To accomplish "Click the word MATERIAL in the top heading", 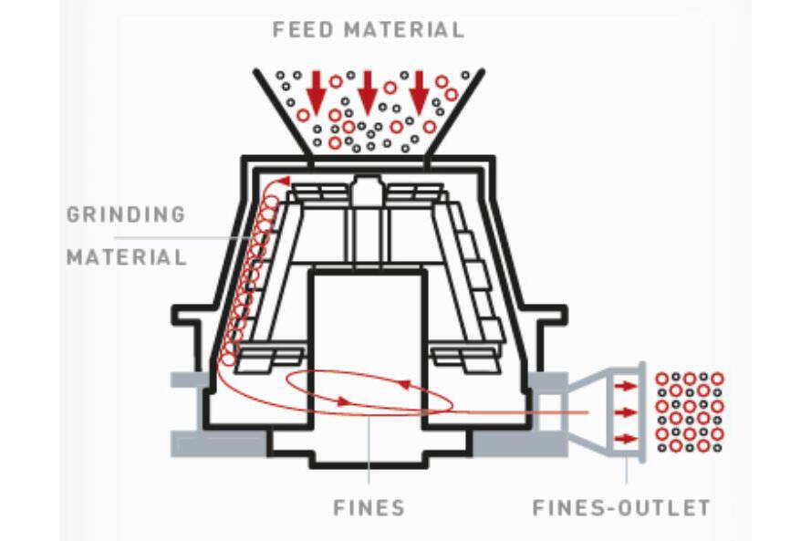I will point(406,29).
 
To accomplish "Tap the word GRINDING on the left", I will point(126,215).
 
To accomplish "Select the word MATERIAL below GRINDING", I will point(126,256).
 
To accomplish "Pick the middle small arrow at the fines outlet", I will point(625,413).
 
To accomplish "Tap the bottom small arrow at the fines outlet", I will point(625,439).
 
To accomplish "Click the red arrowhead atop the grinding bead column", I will point(284,181).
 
